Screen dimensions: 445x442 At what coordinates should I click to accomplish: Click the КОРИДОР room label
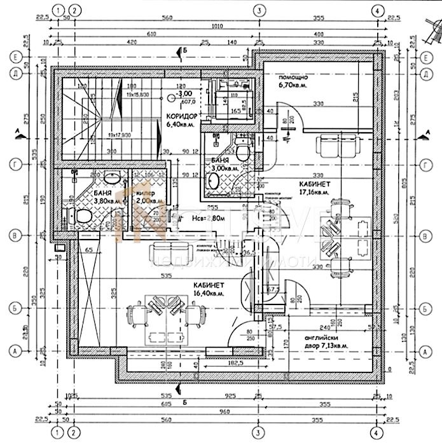181,116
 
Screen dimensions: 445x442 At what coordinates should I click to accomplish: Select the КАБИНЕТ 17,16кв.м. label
314,187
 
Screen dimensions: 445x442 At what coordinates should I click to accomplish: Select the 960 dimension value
217,421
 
